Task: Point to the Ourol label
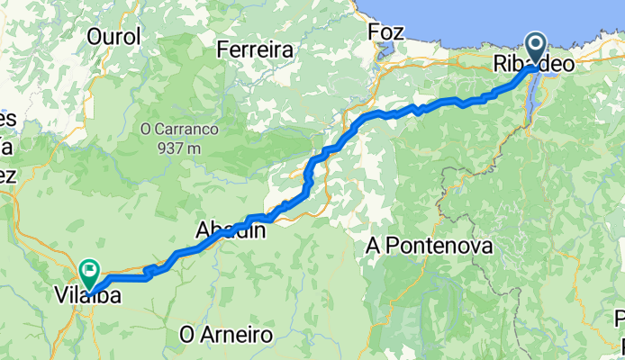[114, 37]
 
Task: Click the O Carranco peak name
[179, 129]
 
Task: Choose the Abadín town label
[231, 231]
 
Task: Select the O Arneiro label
[226, 335]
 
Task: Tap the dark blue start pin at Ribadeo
[535, 46]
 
